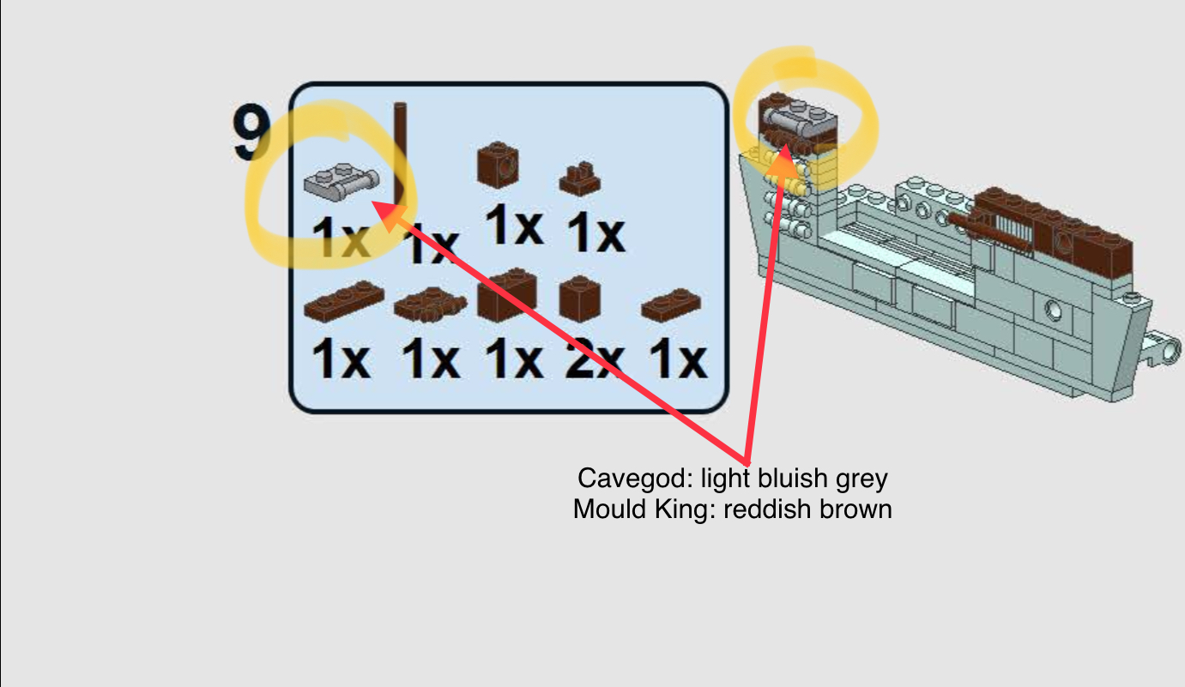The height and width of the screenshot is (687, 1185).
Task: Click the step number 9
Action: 251,134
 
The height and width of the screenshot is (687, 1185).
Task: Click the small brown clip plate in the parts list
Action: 580,178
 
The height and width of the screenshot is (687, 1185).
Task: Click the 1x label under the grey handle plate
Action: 341,238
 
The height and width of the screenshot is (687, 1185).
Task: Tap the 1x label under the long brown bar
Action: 431,244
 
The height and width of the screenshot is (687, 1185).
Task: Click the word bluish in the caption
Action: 787,479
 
